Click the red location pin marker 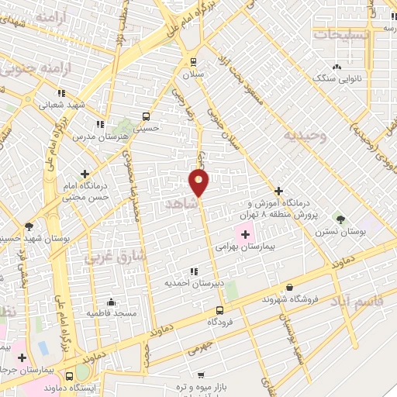point(199,181)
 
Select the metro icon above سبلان point(192,62)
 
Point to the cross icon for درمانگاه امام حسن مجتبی point(85,174)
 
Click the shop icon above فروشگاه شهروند point(289,287)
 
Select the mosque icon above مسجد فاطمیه point(112,302)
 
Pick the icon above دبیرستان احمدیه point(193,271)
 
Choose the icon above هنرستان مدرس point(99,123)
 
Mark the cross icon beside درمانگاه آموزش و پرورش point(278,191)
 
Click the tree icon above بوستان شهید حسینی point(29,226)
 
